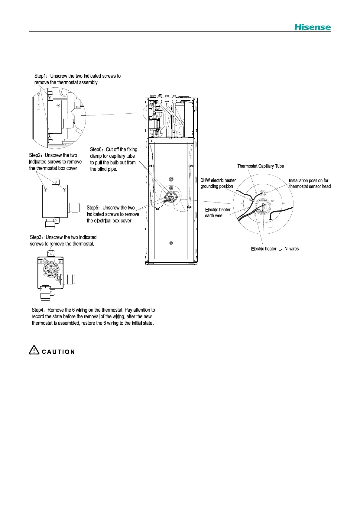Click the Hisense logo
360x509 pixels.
(x=313, y=27)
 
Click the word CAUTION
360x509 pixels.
(x=58, y=352)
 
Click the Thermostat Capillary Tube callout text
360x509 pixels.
(x=261, y=166)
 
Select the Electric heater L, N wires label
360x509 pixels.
(x=275, y=249)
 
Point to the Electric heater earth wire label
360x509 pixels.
(x=218, y=212)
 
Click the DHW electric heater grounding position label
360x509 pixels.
(x=218, y=183)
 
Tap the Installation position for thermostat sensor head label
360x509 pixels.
(x=310, y=183)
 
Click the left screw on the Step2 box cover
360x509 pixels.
(x=46, y=190)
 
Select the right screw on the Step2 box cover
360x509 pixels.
(x=64, y=190)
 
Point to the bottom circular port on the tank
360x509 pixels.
(x=171, y=243)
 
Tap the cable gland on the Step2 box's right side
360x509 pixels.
(x=73, y=207)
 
